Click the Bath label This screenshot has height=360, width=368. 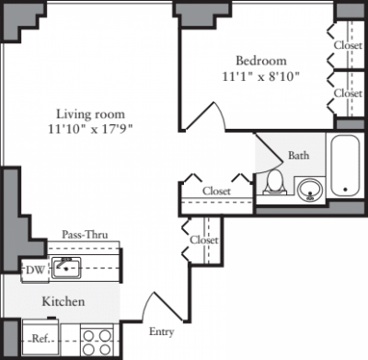(298, 156)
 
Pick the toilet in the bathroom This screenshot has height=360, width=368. (273, 185)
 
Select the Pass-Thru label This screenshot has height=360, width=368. (85, 236)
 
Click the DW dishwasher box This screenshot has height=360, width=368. (33, 270)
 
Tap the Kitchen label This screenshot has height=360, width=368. (63, 302)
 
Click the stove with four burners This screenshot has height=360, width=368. (97, 342)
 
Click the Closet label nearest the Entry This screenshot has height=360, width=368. (203, 239)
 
